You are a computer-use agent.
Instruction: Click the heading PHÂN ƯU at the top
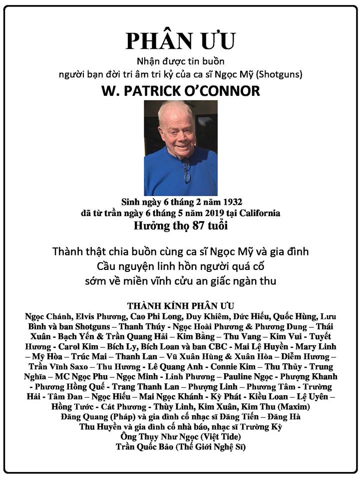point(180,41)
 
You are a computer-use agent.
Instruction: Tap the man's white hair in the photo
point(176,108)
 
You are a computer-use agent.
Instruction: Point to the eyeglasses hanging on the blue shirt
point(186,170)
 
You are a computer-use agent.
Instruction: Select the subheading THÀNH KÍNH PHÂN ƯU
point(180,305)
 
